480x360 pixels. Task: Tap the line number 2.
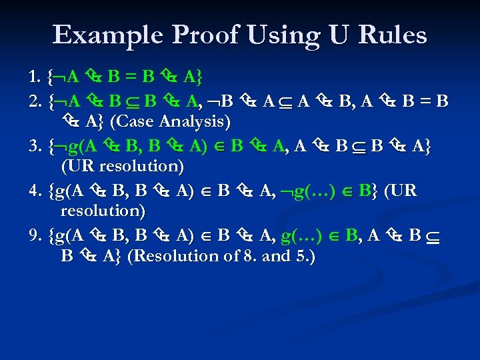click(35, 102)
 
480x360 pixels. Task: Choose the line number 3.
click(35, 146)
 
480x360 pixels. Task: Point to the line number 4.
click(35, 191)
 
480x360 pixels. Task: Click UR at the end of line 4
click(402, 191)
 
